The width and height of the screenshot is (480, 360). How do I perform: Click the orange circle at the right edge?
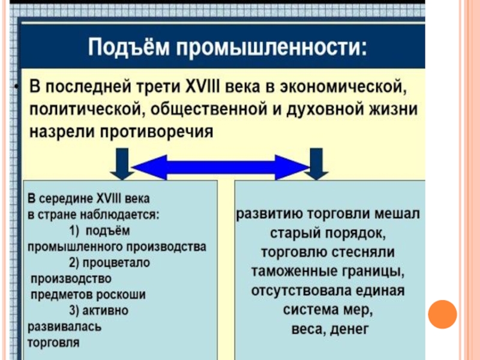coord(443,313)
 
